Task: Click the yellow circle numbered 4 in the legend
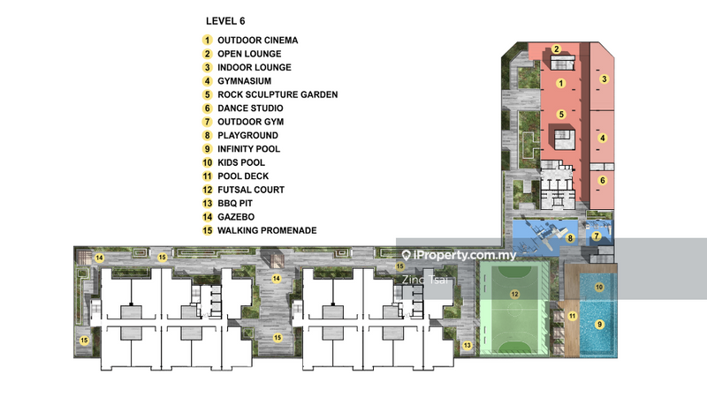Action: (207, 80)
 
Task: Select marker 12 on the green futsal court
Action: (513, 292)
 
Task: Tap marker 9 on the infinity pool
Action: (599, 324)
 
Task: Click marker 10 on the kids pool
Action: (599, 287)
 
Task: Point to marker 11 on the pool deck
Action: (572, 315)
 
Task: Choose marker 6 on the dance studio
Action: (603, 180)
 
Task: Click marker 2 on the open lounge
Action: (557, 49)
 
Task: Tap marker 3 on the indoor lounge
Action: (604, 79)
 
